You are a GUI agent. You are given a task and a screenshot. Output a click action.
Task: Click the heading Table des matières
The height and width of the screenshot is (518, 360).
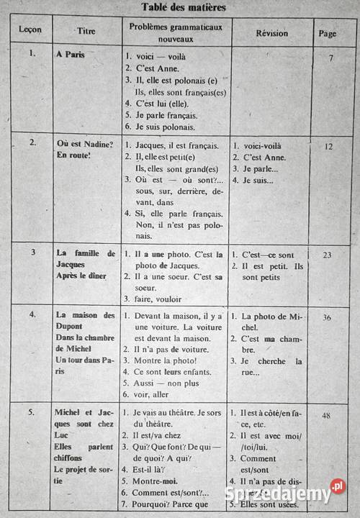pyautogui.click(x=184, y=8)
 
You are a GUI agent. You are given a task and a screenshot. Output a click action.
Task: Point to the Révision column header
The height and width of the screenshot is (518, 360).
pyautogui.click(x=271, y=33)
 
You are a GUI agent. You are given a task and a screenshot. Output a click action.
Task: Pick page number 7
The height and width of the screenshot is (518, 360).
pyautogui.click(x=330, y=58)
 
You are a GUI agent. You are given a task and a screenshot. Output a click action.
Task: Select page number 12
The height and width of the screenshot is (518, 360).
pyautogui.click(x=328, y=146)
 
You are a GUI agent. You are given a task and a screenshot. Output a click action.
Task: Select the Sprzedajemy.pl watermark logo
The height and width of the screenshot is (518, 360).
pyautogui.click(x=287, y=494)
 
